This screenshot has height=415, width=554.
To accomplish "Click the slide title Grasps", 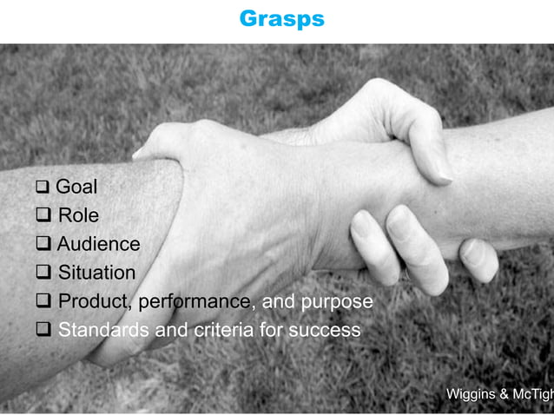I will (281, 19).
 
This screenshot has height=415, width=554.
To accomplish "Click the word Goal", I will (76, 187).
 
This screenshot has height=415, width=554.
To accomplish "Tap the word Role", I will (78, 215).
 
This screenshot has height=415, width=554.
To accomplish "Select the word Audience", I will (98, 244).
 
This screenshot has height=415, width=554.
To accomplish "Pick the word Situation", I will (96, 273).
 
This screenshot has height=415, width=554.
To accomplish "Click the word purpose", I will (338, 301).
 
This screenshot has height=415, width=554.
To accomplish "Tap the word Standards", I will (103, 330).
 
